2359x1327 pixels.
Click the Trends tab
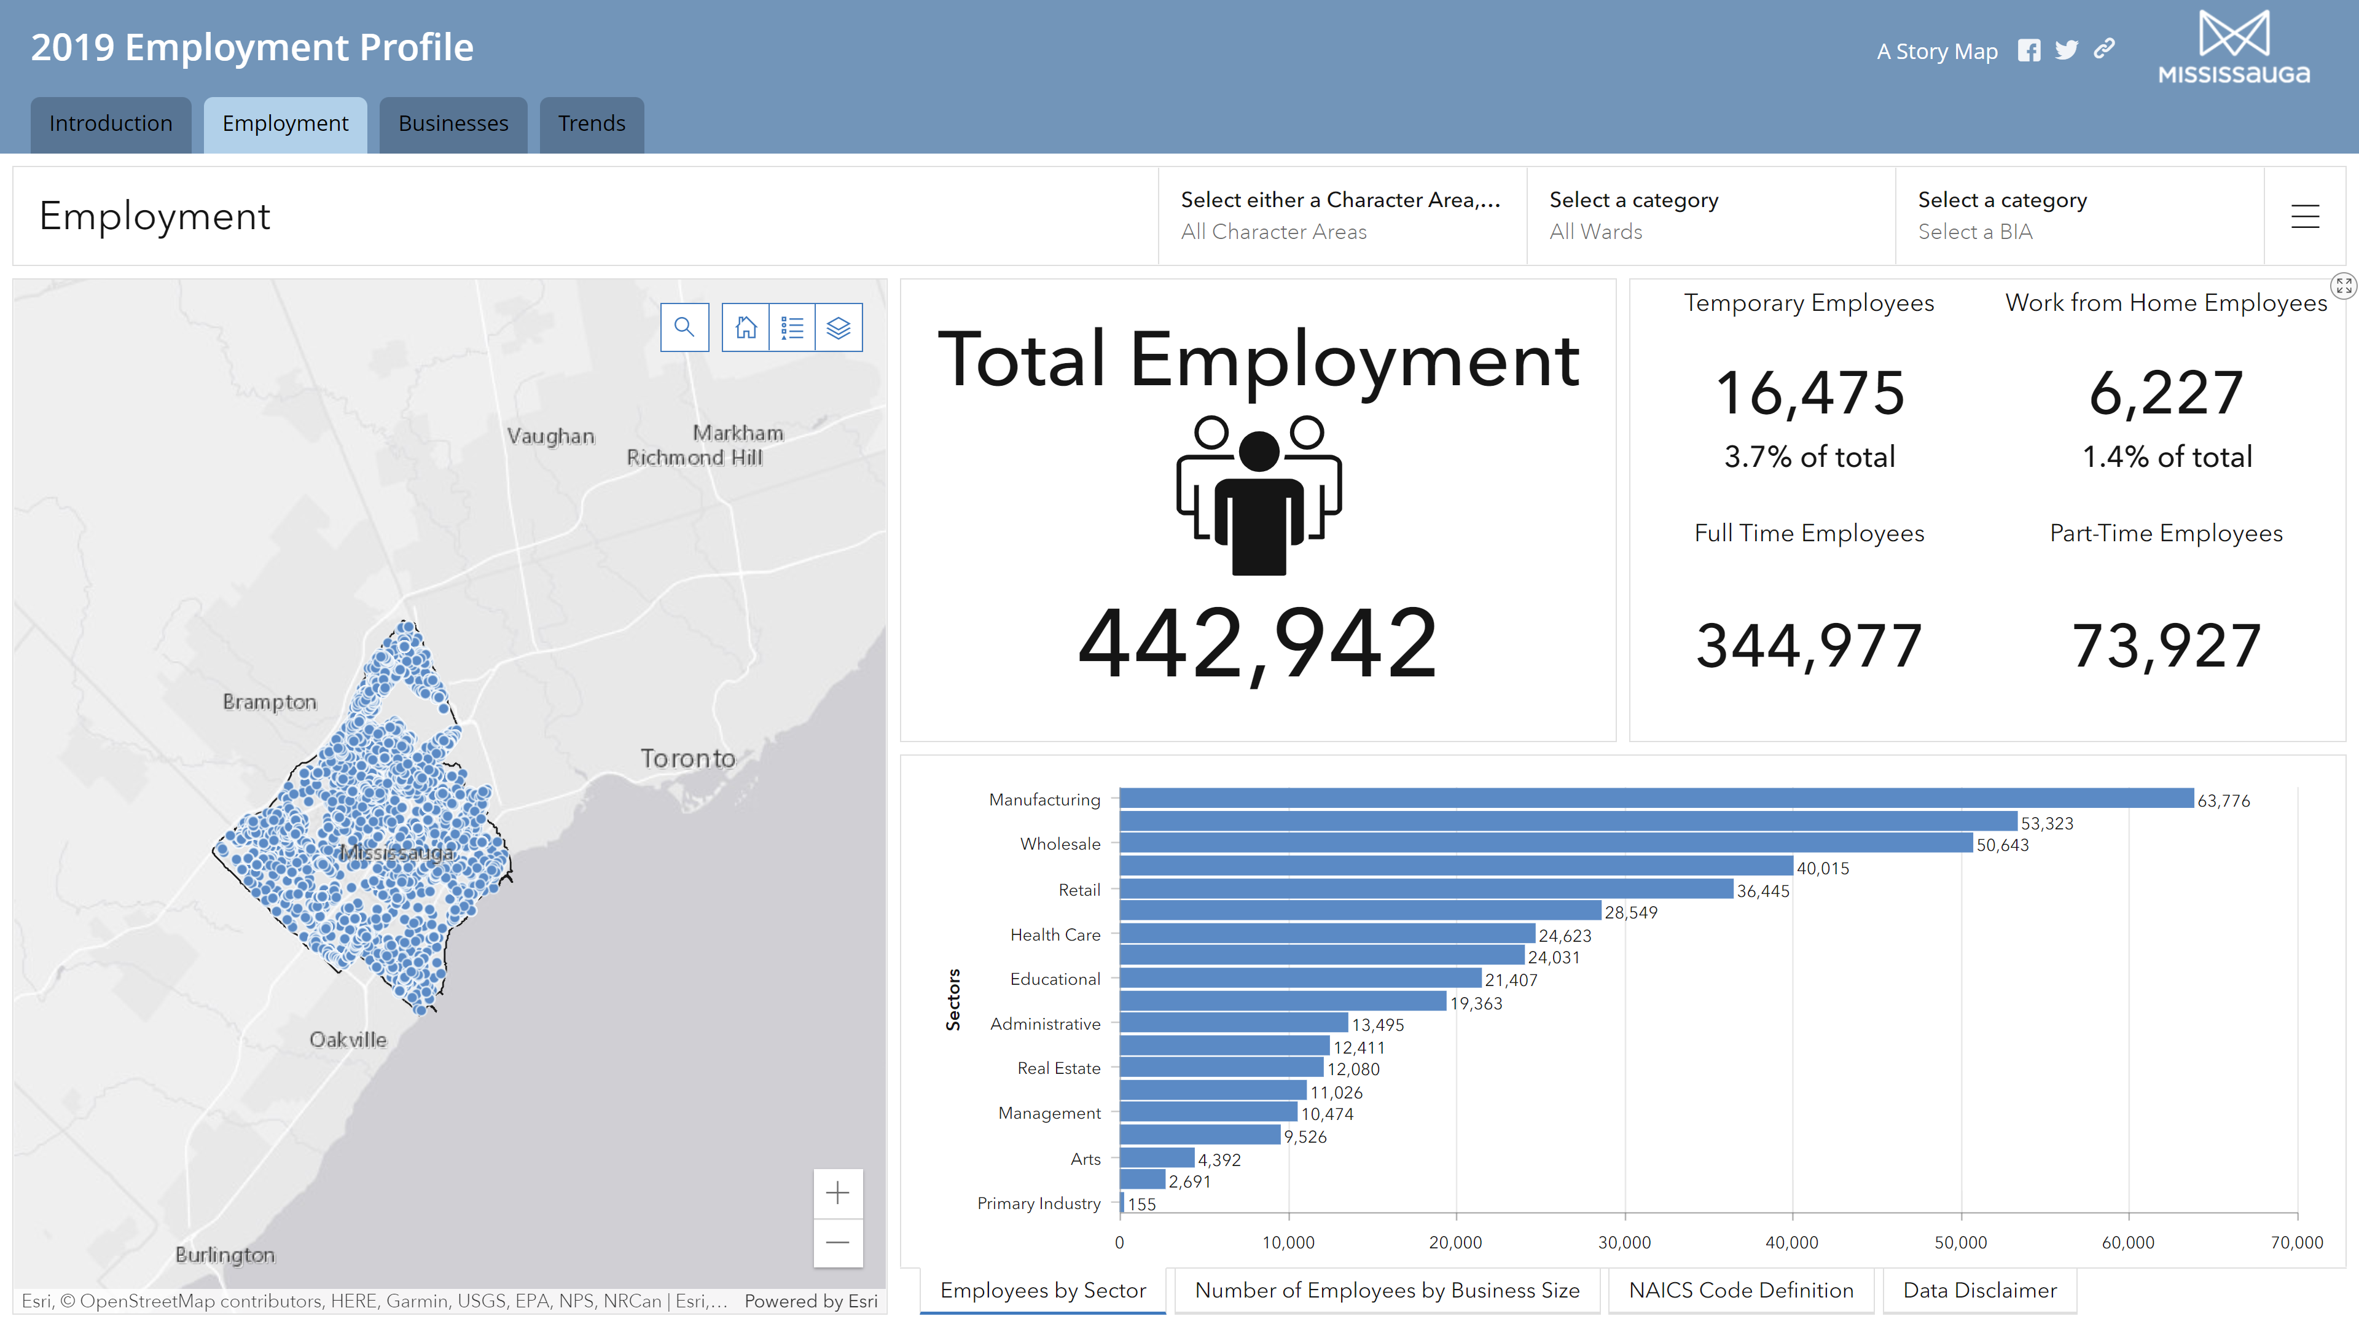coord(592,123)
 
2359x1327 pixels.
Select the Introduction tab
coord(111,123)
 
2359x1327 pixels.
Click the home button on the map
coord(745,327)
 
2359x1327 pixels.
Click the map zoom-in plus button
coord(837,1192)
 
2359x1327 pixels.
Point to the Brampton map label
coord(269,702)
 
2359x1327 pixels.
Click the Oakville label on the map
coord(348,1039)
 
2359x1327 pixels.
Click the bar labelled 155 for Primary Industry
coord(1122,1202)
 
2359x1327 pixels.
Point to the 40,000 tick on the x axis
coord(1791,1242)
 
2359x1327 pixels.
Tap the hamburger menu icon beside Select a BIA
coord(2305,216)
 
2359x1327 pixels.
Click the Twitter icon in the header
coord(2066,50)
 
